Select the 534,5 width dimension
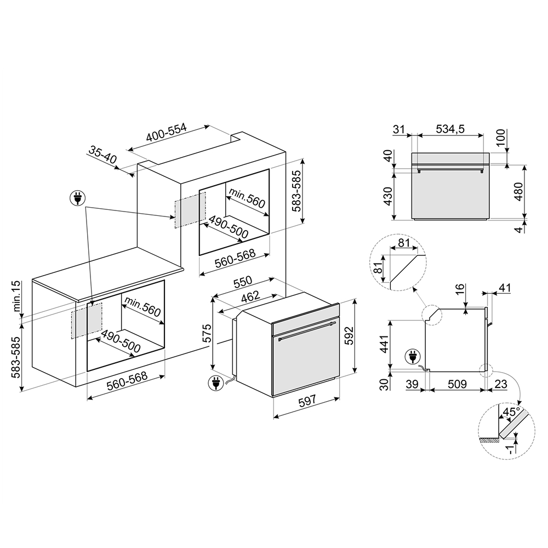pyautogui.click(x=450, y=129)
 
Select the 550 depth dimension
pyautogui.click(x=243, y=282)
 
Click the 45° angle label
pyautogui.click(x=511, y=412)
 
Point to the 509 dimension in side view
pyautogui.click(x=457, y=384)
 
